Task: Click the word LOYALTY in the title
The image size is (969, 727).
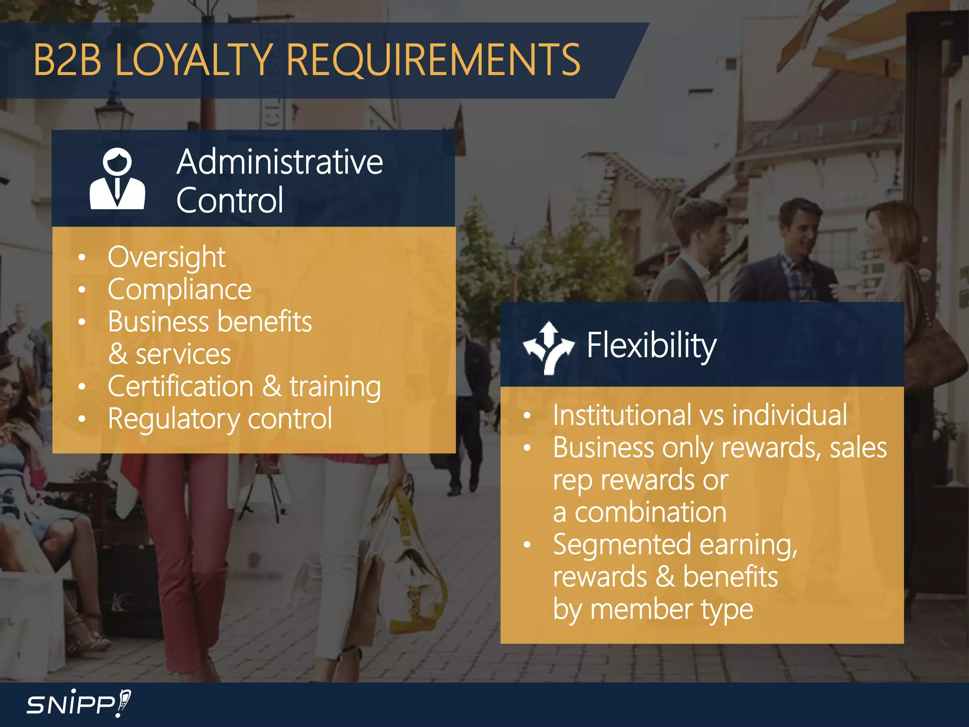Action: point(193,60)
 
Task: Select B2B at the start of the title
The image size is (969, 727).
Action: point(67,60)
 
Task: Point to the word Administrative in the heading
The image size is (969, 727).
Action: point(280,162)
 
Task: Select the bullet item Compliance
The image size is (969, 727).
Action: point(179,290)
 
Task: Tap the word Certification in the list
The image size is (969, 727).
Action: point(180,387)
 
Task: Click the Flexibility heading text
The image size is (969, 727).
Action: point(652,346)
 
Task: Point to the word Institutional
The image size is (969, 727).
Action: point(622,416)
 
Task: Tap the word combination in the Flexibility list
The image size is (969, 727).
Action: point(650,513)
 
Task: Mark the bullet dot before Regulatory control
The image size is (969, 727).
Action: point(82,419)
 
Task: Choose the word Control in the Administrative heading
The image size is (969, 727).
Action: point(229,201)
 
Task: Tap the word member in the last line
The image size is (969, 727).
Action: point(642,610)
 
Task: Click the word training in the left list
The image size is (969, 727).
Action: point(335,387)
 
